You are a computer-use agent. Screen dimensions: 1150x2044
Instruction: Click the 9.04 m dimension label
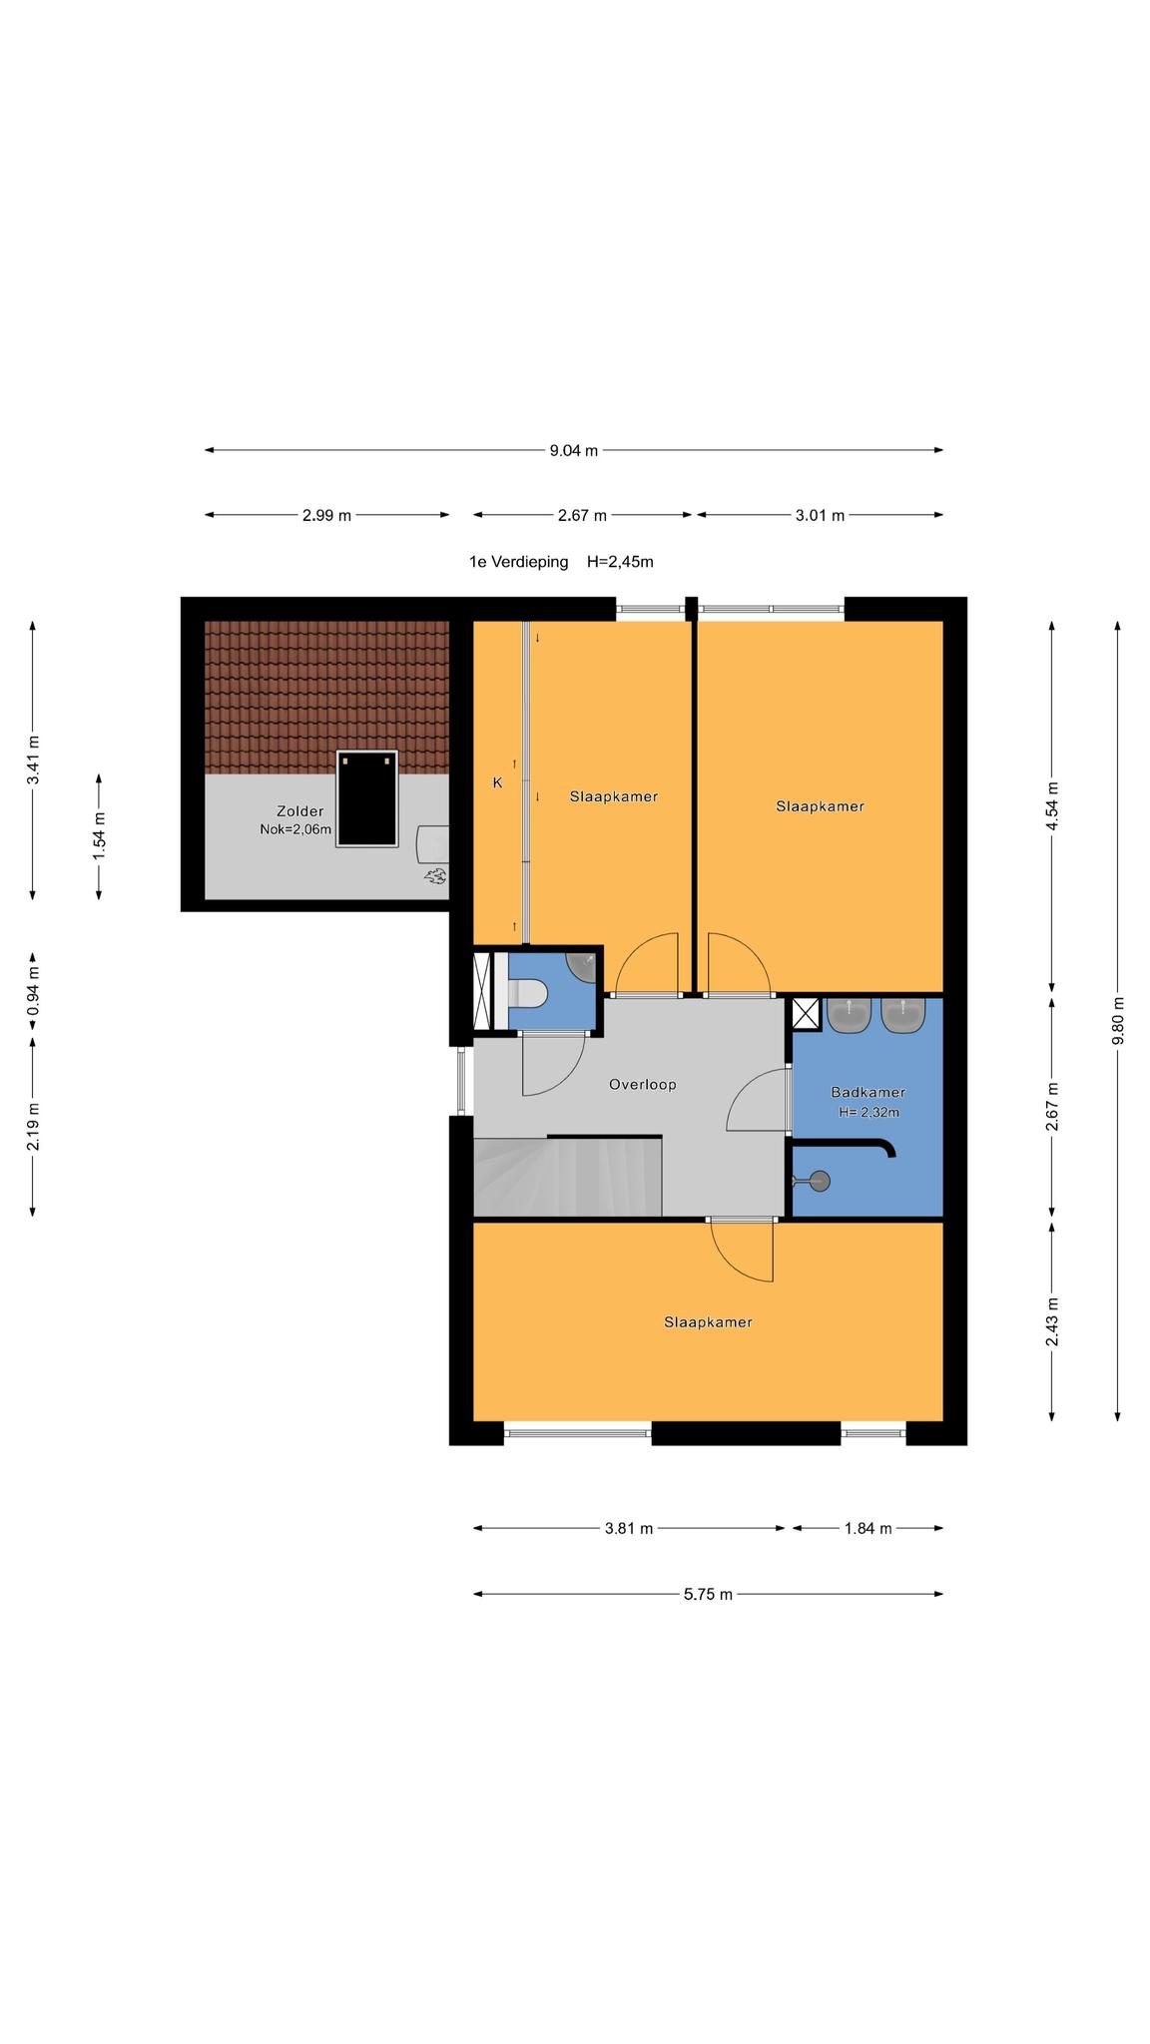click(x=574, y=450)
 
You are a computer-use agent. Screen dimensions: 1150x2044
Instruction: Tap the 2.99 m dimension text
click(x=327, y=516)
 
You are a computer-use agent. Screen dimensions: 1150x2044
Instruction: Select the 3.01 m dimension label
click(x=821, y=516)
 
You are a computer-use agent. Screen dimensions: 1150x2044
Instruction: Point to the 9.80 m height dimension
click(x=1118, y=1020)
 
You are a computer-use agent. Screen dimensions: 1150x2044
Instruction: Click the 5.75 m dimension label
click(x=709, y=1595)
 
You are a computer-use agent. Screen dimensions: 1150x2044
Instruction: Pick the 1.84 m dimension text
click(x=868, y=1528)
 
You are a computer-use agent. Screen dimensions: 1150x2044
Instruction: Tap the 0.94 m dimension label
click(x=33, y=993)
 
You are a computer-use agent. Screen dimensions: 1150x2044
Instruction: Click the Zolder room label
click(x=300, y=811)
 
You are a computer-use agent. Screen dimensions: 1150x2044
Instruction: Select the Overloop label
click(x=643, y=1084)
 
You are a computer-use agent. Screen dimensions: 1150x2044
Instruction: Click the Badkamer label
click(x=868, y=1093)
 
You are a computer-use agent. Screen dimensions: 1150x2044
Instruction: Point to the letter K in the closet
click(x=497, y=783)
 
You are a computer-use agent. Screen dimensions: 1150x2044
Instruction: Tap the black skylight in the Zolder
click(x=367, y=798)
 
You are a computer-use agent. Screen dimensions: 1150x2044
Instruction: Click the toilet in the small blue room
click(x=527, y=993)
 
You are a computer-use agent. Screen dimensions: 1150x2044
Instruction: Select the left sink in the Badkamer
click(x=850, y=1015)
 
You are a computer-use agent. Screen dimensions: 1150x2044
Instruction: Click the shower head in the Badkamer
click(x=820, y=1182)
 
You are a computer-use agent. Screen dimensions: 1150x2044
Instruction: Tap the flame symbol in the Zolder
click(x=435, y=876)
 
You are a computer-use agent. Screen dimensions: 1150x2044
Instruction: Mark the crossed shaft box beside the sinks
click(x=806, y=1013)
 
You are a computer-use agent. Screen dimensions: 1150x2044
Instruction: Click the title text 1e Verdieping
click(x=519, y=562)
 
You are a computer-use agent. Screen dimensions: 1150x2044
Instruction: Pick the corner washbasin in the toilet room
click(x=581, y=966)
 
